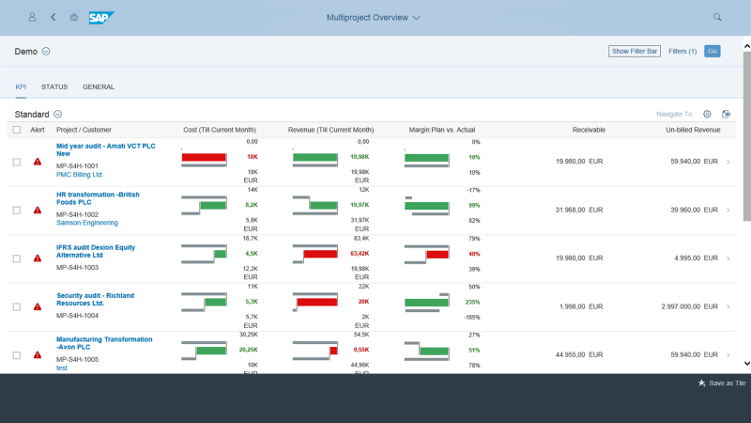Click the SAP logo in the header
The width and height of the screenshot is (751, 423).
click(101, 17)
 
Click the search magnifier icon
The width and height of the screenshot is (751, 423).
click(717, 17)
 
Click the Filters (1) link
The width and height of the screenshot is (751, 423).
click(682, 51)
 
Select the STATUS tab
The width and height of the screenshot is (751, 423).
click(54, 86)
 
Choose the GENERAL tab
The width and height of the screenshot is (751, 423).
click(99, 86)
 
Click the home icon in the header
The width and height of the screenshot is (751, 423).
click(74, 17)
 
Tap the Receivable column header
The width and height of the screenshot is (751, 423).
click(589, 130)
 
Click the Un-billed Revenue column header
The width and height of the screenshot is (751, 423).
click(693, 130)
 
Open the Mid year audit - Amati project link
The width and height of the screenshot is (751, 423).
click(105, 149)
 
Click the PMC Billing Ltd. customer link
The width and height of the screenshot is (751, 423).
click(80, 174)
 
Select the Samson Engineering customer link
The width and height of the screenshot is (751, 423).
click(87, 223)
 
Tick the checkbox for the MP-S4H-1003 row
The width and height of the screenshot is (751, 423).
click(17, 258)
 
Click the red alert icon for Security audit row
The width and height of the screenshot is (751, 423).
click(38, 306)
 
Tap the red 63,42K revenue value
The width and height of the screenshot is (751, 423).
click(359, 254)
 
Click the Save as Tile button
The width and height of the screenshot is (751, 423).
click(722, 384)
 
